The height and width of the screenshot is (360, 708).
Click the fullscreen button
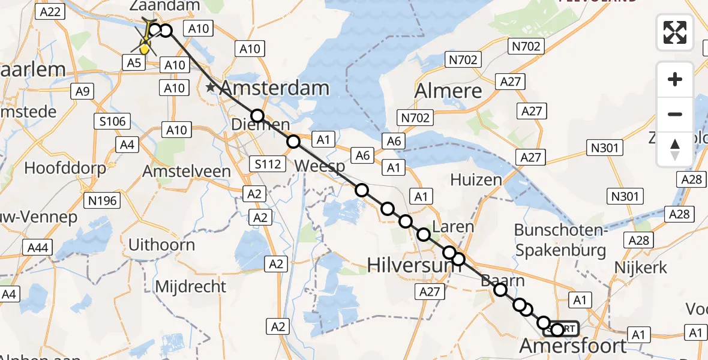click(675, 32)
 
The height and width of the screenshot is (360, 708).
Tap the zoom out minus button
click(675, 114)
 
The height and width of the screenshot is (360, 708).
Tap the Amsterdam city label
click(275, 88)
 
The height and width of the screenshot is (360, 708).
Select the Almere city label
click(448, 91)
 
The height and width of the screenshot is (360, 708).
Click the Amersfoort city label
click(573, 346)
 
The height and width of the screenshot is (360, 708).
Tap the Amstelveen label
click(187, 172)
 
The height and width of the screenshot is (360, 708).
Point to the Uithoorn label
click(161, 245)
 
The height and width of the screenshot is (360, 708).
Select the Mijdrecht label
click(190, 286)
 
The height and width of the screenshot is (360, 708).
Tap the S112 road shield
click(268, 163)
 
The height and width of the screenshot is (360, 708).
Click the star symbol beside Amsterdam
click(211, 88)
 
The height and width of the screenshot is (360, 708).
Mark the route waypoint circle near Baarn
click(500, 290)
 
